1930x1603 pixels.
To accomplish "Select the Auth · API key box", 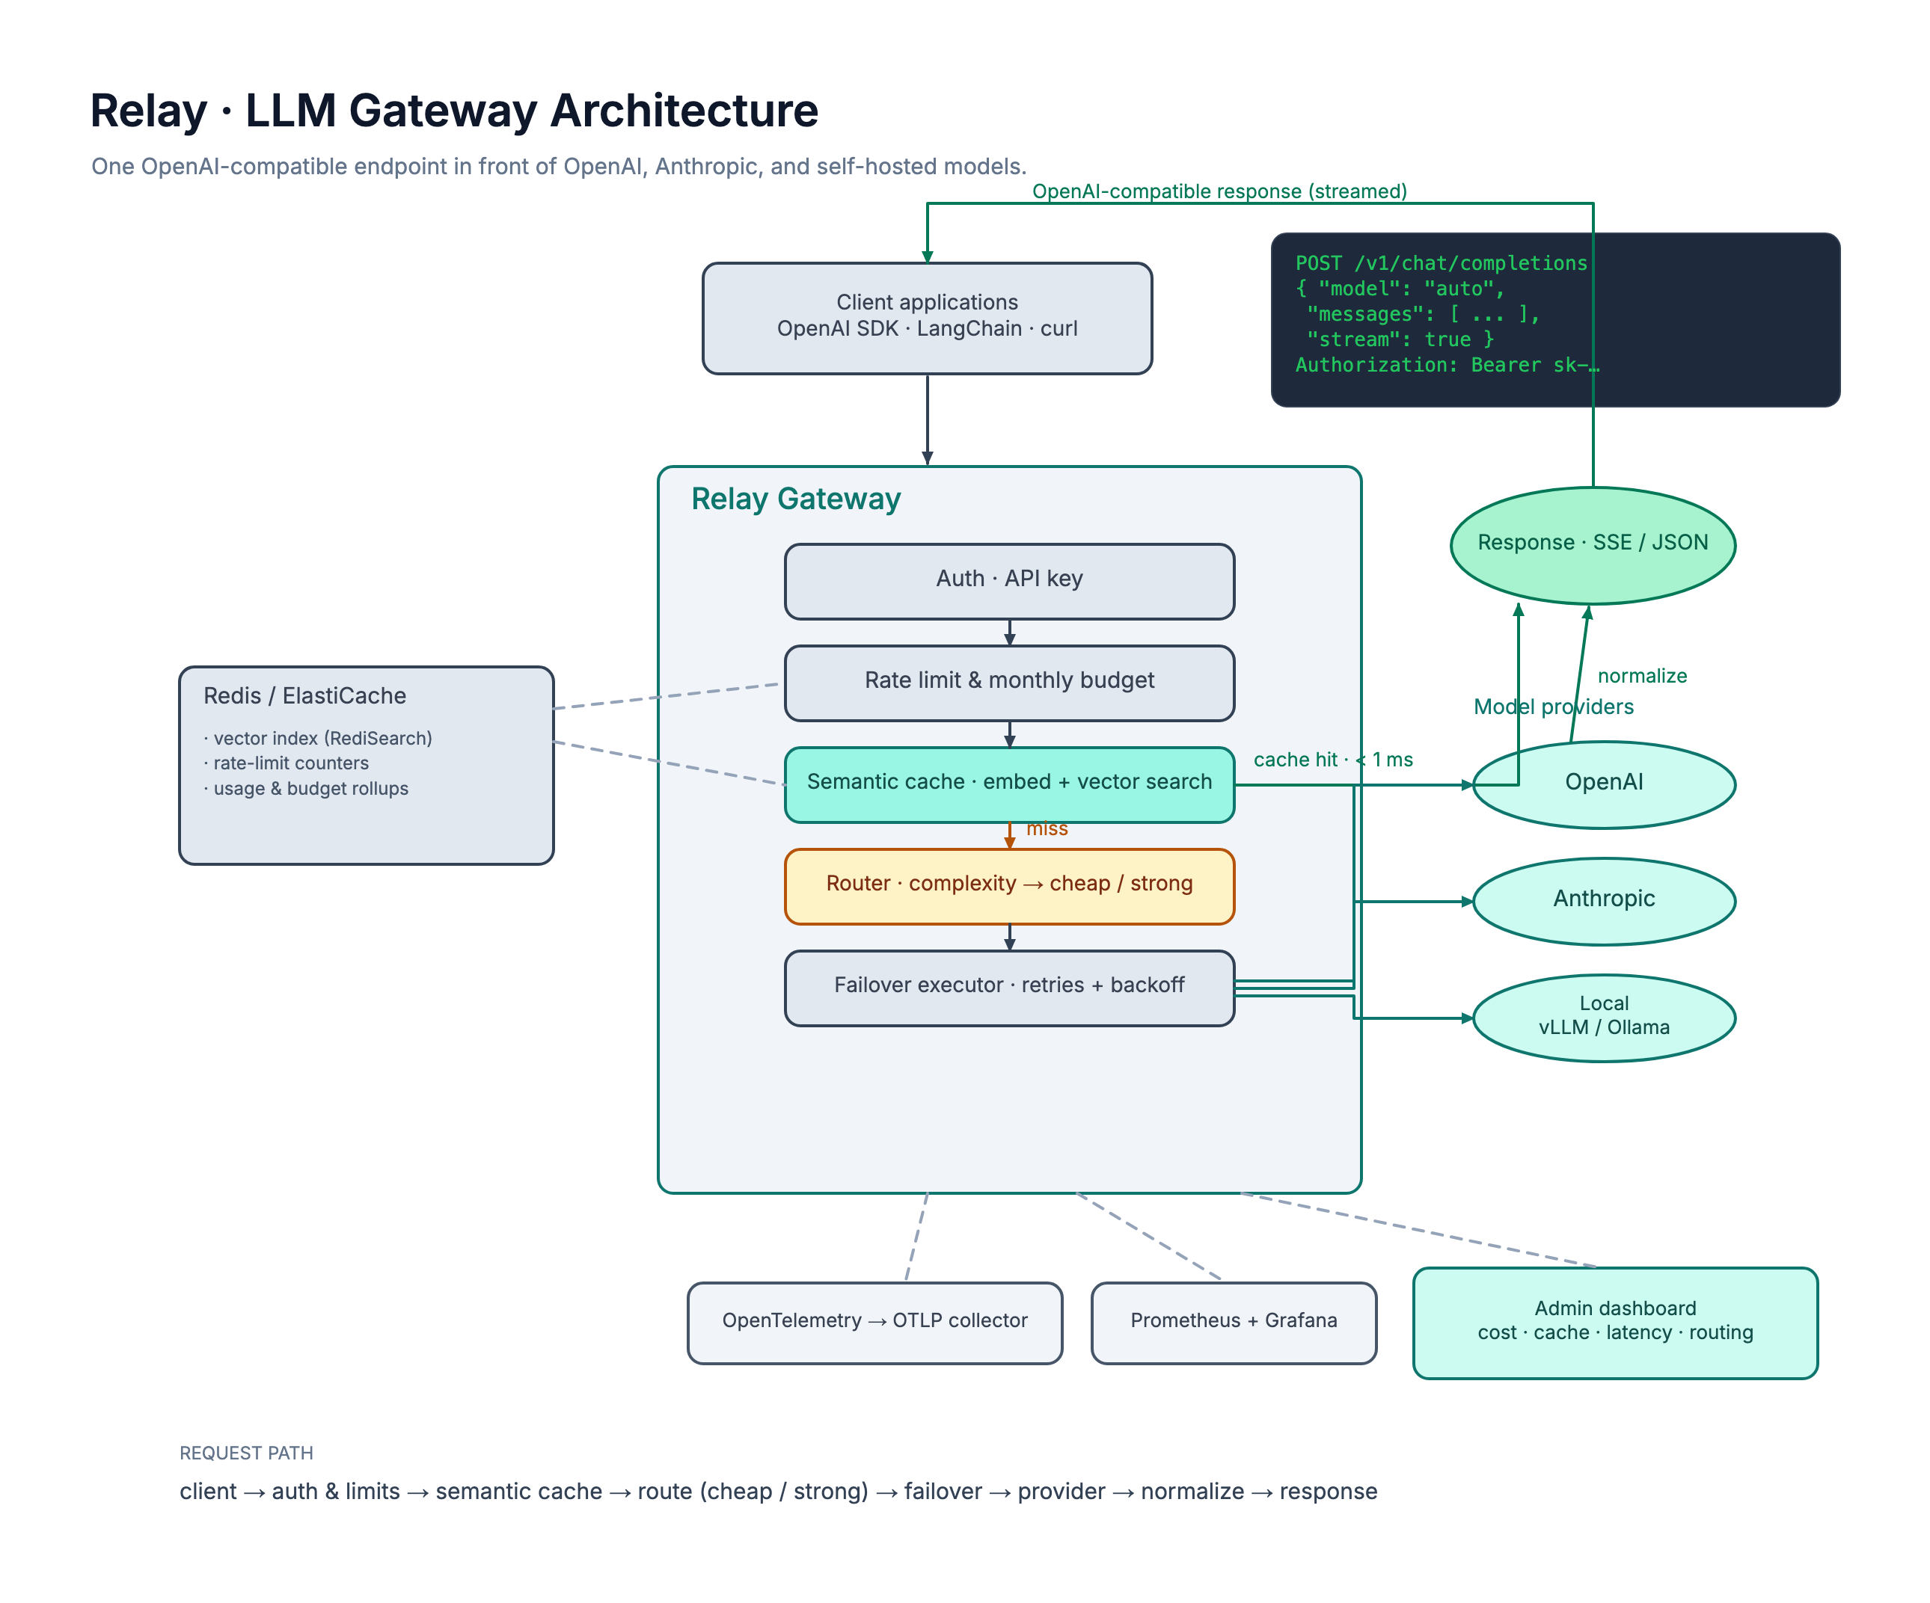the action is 1009,581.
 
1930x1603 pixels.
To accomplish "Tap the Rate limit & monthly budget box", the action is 1009,683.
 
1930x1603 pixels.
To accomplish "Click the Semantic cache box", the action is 1009,784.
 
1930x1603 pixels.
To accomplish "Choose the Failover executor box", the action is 1009,988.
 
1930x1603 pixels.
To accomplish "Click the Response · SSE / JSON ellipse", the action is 1593,545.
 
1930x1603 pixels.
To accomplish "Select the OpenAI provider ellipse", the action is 1604,784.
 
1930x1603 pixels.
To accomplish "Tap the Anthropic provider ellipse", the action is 1604,901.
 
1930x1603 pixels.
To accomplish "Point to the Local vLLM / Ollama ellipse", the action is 1604,1018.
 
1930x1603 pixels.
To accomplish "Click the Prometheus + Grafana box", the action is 1234,1323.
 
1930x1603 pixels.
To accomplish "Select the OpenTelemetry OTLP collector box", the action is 875,1323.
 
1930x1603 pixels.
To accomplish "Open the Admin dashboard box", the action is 1615,1323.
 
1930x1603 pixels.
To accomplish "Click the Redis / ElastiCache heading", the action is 304,695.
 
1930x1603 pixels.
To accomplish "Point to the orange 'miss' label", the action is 1047,828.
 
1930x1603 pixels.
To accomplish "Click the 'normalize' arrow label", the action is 1642,676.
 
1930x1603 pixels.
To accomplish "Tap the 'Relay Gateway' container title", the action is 796,499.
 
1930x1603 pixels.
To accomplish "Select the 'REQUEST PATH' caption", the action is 246,1453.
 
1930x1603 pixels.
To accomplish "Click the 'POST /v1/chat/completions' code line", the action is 1441,264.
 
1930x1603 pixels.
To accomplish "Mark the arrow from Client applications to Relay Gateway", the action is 928,419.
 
